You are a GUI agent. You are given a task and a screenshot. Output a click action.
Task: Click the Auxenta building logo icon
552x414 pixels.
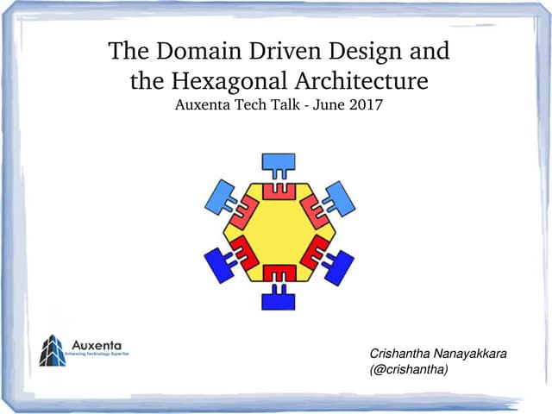52,350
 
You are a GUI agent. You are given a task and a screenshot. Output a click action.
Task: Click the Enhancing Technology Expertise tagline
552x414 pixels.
97,355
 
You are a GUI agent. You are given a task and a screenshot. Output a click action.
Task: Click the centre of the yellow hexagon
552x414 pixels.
279,231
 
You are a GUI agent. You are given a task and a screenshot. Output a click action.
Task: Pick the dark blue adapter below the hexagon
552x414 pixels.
279,298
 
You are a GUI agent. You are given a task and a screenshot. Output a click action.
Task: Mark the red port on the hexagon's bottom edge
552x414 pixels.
279,273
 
